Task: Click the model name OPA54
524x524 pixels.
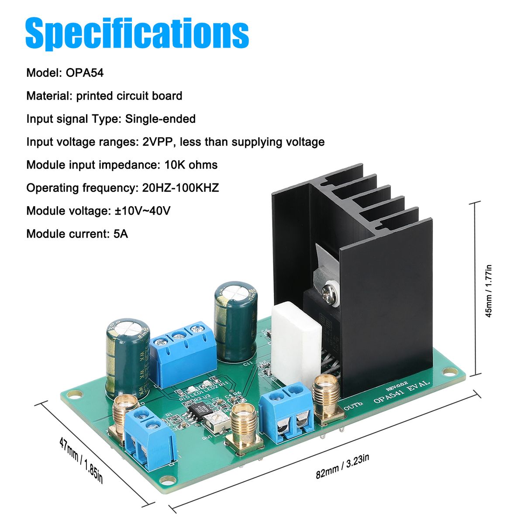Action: click(x=85, y=72)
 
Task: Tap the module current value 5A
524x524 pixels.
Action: click(x=121, y=234)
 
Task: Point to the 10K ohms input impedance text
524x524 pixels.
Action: click(x=191, y=165)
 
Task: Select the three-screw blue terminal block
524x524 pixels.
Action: click(x=183, y=352)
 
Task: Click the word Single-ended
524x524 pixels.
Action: click(x=160, y=119)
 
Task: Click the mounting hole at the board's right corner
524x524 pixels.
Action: click(x=447, y=372)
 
